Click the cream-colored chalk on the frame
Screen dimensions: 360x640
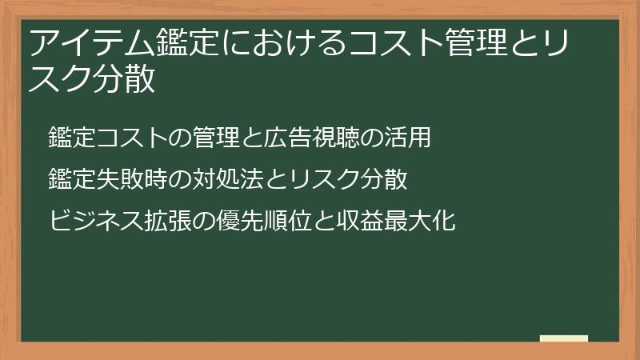pyautogui.click(x=564, y=338)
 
